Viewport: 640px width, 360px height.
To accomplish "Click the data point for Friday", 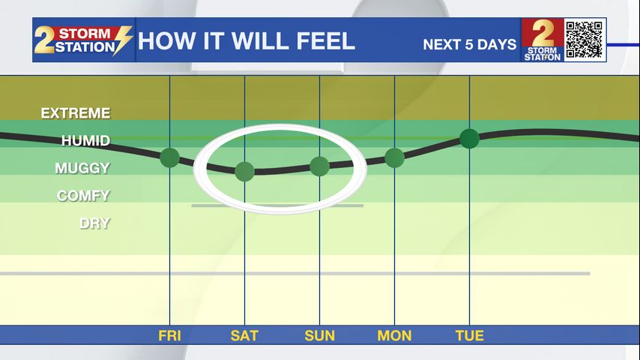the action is tap(170, 157).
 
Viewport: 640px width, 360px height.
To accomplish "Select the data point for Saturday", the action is tap(244, 172).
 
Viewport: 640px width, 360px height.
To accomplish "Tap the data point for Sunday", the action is tap(319, 166).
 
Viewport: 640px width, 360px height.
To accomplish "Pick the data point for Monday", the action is tap(394, 158).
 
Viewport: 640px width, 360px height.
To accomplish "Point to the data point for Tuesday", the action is tap(469, 139).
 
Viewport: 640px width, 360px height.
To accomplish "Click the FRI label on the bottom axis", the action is tap(169, 336).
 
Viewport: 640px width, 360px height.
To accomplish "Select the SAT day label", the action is tap(244, 336).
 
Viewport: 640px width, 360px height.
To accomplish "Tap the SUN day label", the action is tap(319, 336).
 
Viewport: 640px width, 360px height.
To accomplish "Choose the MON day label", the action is tap(394, 336).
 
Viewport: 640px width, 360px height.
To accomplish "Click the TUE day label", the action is tap(470, 336).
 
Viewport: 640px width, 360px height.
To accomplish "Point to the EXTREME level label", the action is tap(76, 113).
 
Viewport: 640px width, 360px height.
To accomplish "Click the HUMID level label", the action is tap(85, 141).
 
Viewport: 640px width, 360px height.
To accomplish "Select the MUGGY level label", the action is tap(82, 168).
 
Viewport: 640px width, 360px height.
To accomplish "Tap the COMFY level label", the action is tap(84, 196).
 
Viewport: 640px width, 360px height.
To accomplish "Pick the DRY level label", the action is tap(94, 223).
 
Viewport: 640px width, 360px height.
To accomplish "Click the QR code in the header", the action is tap(585, 40).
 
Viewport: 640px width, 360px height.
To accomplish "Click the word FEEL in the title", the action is tap(326, 41).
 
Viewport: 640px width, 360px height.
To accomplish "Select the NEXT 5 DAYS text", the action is tap(470, 44).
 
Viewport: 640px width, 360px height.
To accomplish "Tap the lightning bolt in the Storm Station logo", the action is tap(123, 40).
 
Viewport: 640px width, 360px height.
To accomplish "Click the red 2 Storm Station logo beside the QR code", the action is tap(543, 40).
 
